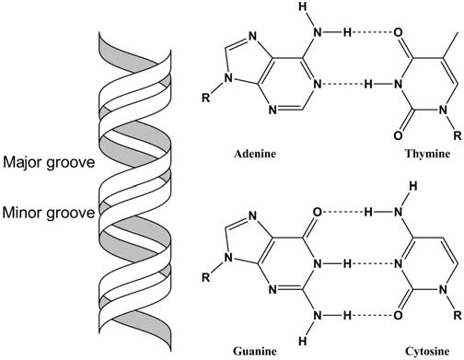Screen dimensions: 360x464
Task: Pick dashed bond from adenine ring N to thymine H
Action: [352, 84]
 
